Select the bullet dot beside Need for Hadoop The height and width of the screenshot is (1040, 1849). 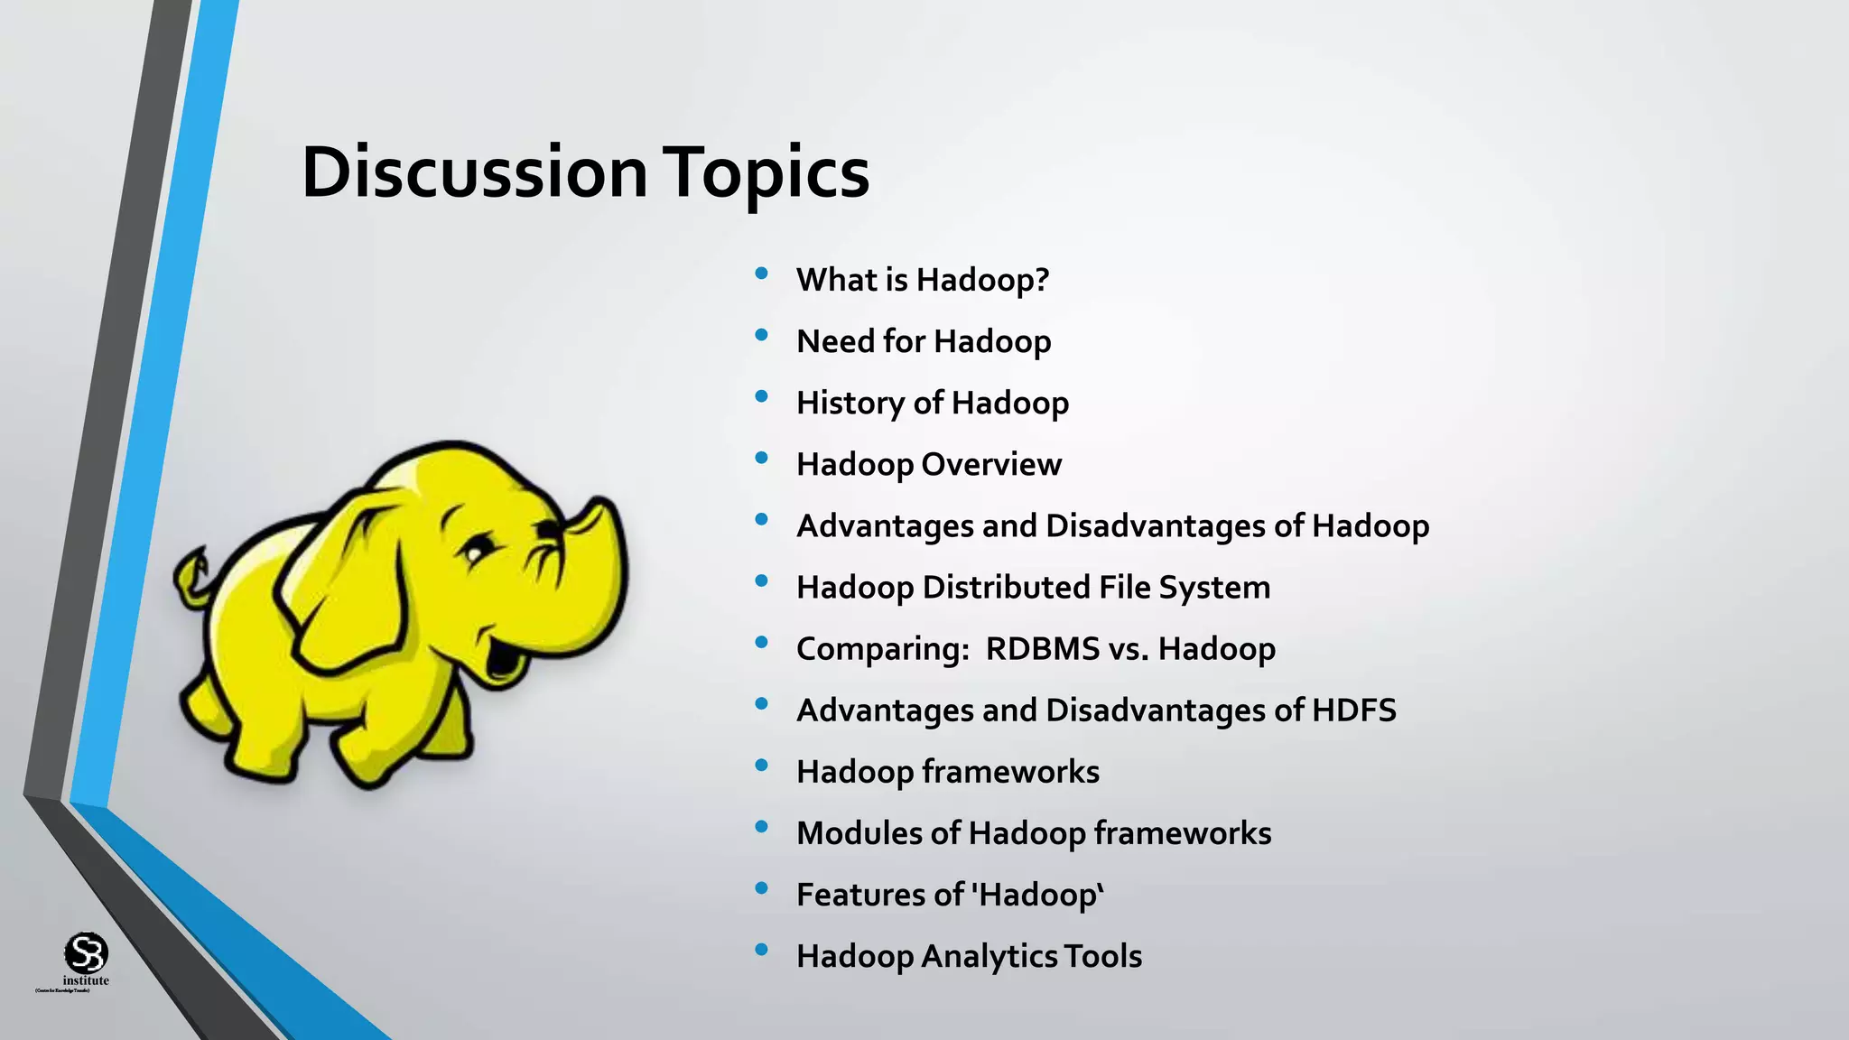click(761, 335)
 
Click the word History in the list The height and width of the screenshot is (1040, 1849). click(851, 403)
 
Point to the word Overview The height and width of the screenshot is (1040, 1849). click(991, 464)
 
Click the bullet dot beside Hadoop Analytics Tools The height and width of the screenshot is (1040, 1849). click(761, 950)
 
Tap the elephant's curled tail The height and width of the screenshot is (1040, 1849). click(191, 578)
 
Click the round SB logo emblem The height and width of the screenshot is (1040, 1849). click(86, 952)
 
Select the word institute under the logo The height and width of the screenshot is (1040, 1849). click(86, 980)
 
